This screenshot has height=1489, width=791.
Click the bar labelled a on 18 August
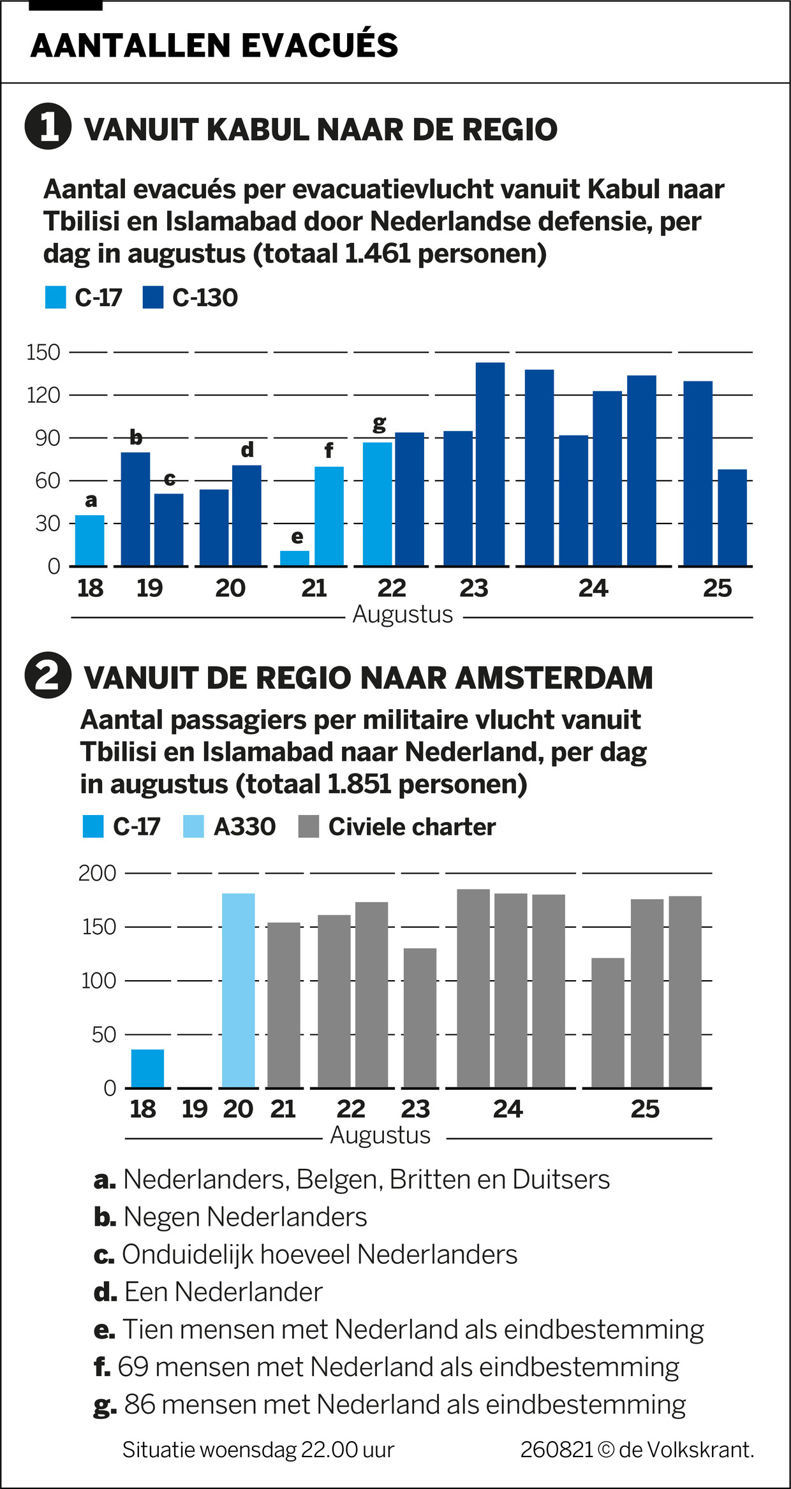[x=90, y=540]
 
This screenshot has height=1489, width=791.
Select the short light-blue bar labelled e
[x=295, y=558]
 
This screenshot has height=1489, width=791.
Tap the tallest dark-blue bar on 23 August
[x=490, y=464]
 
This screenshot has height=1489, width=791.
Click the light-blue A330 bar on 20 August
[x=239, y=990]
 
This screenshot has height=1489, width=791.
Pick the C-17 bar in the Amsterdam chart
[x=147, y=1068]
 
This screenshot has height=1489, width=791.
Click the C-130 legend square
[x=153, y=298]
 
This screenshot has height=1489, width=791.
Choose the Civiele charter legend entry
[x=411, y=827]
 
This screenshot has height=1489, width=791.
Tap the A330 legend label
[x=244, y=827]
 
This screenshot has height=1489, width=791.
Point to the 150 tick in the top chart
[x=43, y=352]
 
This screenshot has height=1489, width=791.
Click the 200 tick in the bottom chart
[x=97, y=873]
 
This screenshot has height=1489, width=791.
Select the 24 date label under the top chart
[x=593, y=588]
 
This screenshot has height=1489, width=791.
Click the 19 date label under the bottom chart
[x=195, y=1109]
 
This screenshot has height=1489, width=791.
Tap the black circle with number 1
[x=48, y=126]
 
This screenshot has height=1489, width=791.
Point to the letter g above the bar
[x=379, y=423]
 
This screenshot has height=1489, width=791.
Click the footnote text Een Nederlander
[x=223, y=1292]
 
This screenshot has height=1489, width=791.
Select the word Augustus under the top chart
[x=403, y=615]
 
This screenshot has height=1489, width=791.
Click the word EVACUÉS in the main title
[x=320, y=45]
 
